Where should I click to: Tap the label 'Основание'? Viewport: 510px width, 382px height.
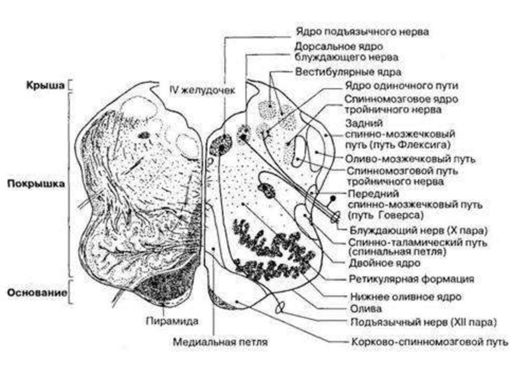(x=37, y=292)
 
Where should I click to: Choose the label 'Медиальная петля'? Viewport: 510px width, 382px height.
(x=221, y=343)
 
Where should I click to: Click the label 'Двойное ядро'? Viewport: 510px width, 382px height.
(x=384, y=262)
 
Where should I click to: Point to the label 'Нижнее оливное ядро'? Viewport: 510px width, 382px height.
(x=406, y=296)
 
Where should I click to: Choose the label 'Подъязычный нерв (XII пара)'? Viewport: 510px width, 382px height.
(x=423, y=322)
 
